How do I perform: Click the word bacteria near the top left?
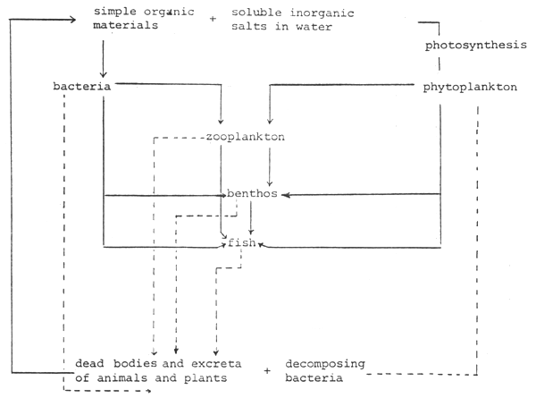point(81,87)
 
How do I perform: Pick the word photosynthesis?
point(467,45)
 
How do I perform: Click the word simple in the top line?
point(114,12)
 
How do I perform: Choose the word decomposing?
point(322,363)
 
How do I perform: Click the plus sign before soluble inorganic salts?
point(213,19)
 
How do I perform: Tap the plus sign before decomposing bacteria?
point(267,369)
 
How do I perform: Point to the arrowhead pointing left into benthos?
point(287,194)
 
